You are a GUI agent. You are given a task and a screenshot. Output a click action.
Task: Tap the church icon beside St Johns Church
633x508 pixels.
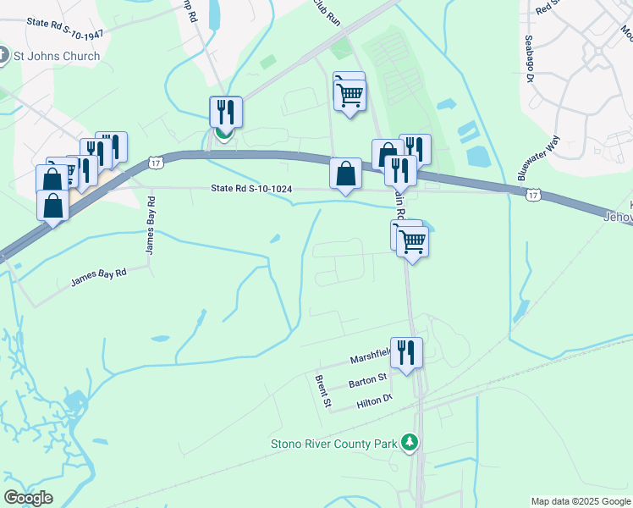point(3,57)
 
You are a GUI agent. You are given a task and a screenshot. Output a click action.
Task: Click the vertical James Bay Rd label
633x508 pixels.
point(151,225)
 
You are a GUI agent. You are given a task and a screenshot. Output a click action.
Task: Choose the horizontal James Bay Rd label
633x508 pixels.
point(98,276)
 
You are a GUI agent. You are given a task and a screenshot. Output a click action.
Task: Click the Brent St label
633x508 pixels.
point(322,392)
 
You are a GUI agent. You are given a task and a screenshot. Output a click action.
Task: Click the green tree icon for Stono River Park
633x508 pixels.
point(410,442)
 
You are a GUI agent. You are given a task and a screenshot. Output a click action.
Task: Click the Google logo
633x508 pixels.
point(28,498)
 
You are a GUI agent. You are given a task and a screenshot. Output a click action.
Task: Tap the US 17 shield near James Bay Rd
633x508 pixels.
point(153,162)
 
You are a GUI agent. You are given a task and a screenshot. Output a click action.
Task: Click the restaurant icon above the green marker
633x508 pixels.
point(226,112)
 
